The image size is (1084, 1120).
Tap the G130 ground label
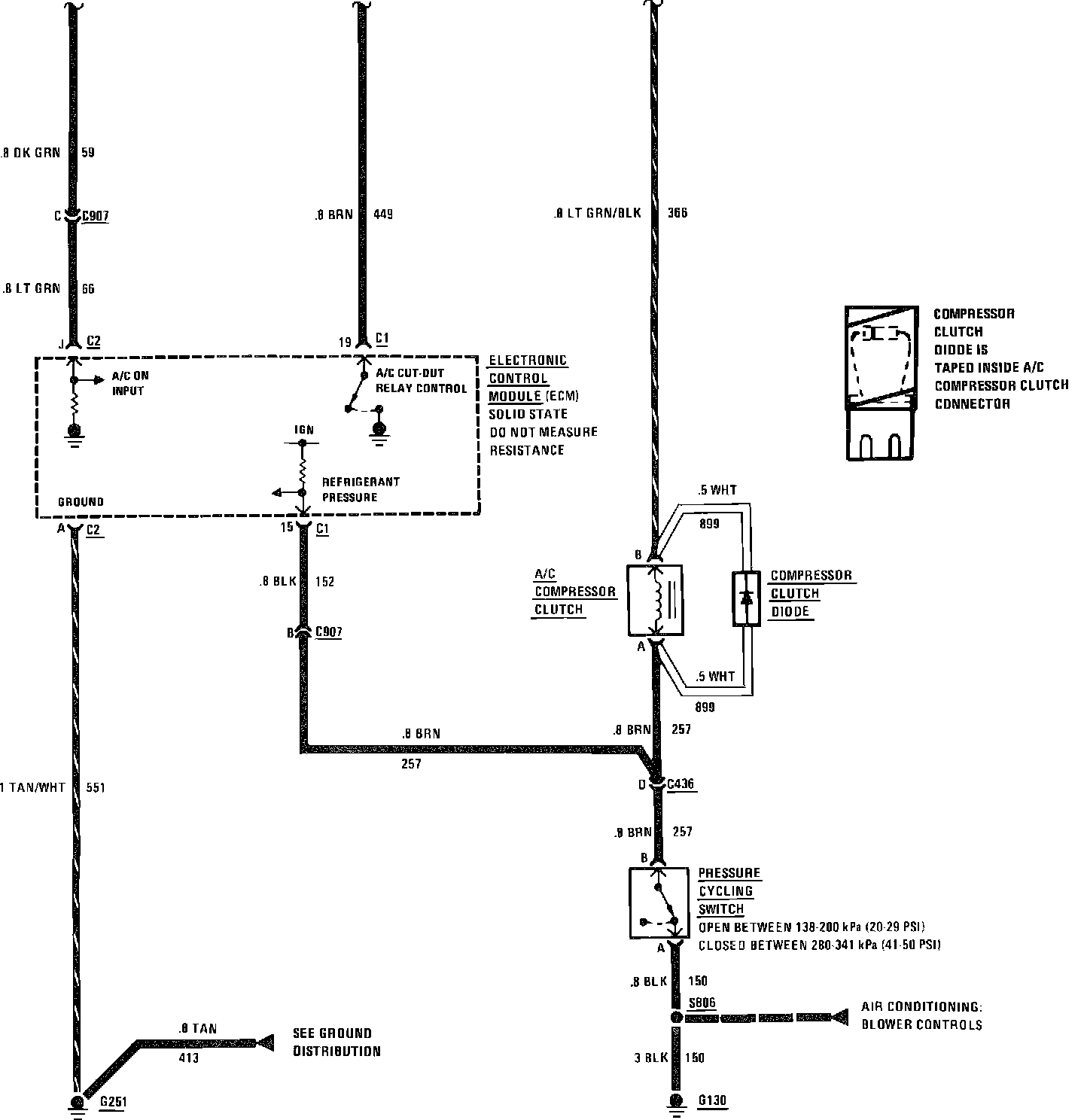(712, 1101)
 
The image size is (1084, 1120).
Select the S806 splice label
(702, 1003)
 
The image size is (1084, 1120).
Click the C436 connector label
(681, 784)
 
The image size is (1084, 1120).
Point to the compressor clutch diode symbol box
(746, 599)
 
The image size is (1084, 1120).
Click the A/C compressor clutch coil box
(655, 599)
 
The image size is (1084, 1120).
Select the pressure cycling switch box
(659, 902)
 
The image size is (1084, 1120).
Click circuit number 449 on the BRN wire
(383, 215)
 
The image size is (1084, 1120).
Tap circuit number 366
(677, 213)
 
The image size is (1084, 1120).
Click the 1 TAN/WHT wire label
(32, 787)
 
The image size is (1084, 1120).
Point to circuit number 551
(96, 787)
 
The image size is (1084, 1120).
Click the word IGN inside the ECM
(303, 430)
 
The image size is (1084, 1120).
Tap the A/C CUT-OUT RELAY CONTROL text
(420, 381)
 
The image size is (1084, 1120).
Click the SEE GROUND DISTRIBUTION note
(336, 1042)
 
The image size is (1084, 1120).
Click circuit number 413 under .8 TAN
(188, 1058)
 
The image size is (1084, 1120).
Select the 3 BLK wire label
(651, 1058)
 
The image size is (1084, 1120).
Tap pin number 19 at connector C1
(345, 342)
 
